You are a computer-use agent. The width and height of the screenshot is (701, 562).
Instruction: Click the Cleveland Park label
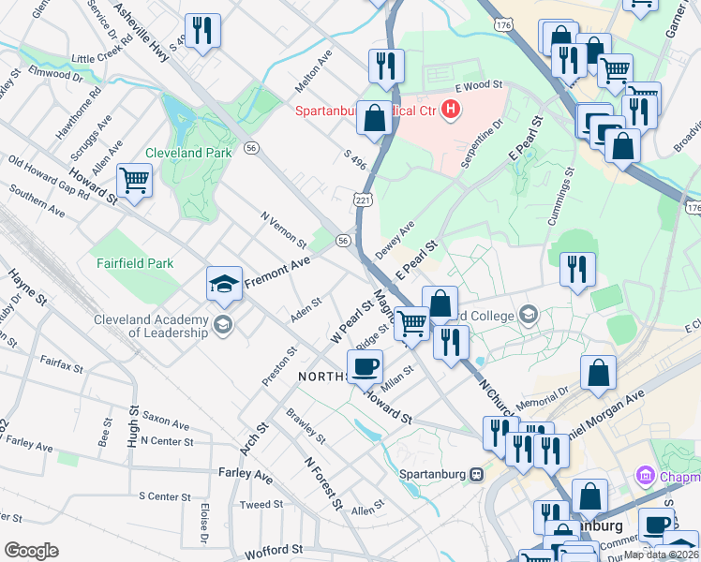click(187, 153)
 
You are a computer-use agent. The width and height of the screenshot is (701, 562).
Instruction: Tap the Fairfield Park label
click(135, 263)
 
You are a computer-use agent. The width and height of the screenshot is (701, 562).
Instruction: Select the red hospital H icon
click(452, 111)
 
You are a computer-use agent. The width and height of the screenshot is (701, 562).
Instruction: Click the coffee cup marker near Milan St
click(365, 365)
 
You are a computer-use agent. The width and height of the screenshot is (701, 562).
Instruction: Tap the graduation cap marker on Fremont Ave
click(225, 284)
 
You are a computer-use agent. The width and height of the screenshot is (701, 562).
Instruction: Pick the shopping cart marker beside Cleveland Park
click(135, 180)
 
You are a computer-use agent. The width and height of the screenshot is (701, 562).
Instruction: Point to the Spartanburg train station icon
click(477, 473)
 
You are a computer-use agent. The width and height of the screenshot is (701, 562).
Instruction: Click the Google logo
click(31, 551)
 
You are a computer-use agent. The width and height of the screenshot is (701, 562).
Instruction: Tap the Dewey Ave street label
click(395, 240)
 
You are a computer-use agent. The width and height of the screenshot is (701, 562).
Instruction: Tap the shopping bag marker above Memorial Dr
click(598, 372)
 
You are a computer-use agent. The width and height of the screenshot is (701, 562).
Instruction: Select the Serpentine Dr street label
click(483, 142)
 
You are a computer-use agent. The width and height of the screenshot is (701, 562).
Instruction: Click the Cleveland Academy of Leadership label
click(150, 325)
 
